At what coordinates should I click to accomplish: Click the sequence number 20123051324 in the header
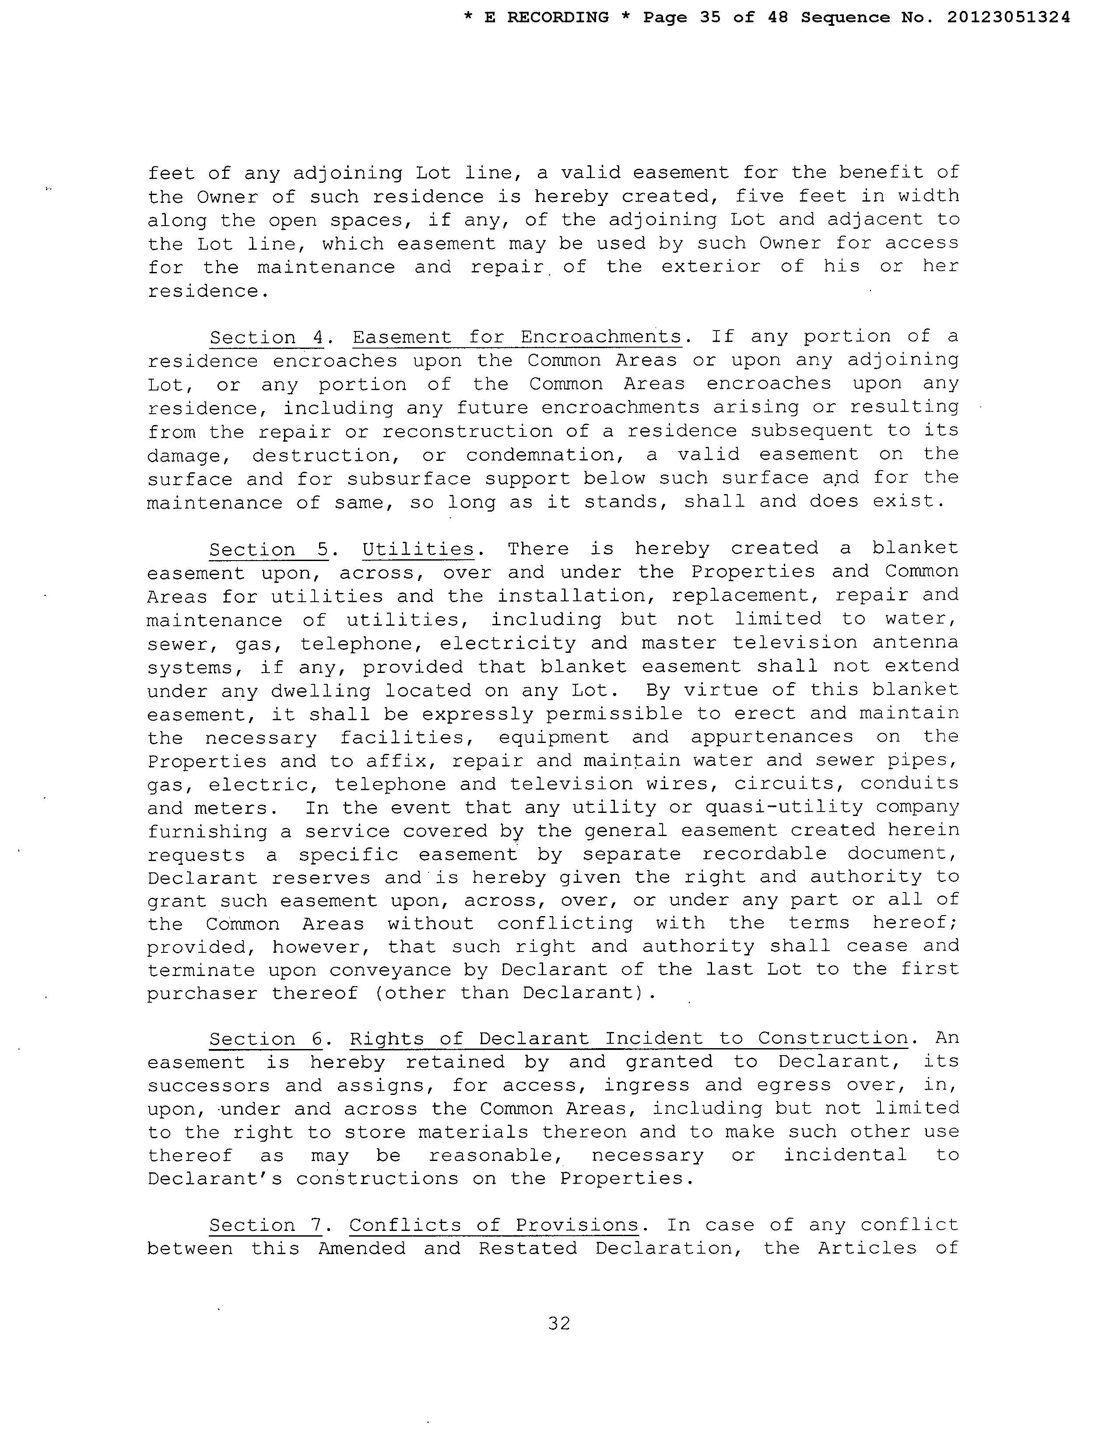[1008, 18]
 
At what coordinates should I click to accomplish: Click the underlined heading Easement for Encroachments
[516, 337]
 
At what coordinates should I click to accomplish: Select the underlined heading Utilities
[418, 549]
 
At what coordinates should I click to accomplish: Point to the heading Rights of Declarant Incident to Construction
[629, 1038]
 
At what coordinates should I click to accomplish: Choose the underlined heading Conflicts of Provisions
[493, 1225]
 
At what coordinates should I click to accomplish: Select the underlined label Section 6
[266, 1039]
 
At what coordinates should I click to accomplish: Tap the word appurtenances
[772, 737]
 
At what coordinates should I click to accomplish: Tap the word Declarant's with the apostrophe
[215, 1179]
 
